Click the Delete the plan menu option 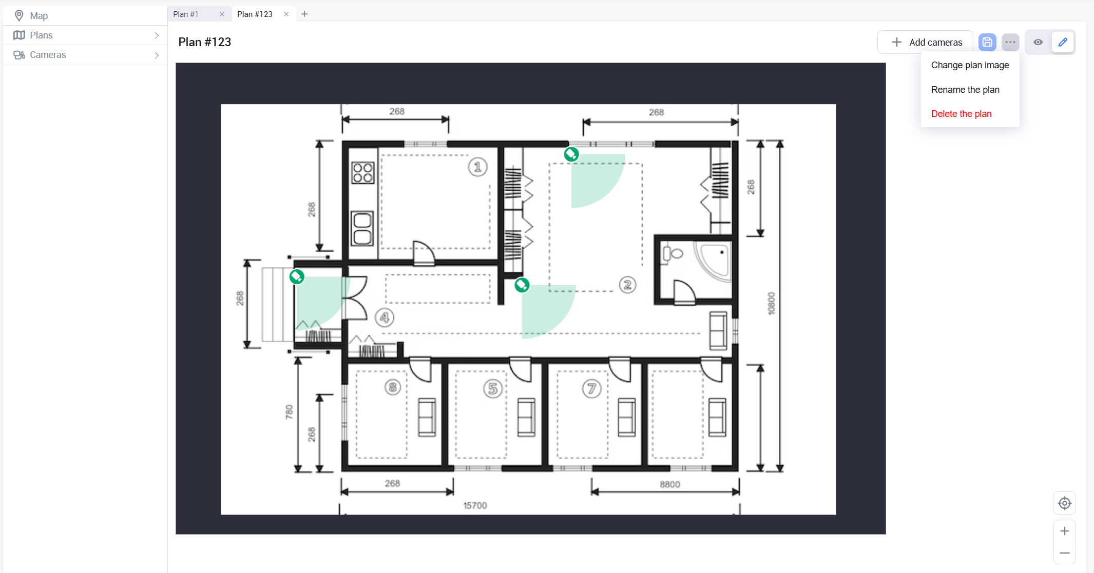(x=961, y=114)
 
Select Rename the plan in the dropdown (x=965, y=90)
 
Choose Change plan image (x=969, y=65)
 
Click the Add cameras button (x=926, y=42)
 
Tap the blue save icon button (x=987, y=42)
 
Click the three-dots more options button (x=1010, y=42)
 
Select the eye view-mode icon (x=1038, y=42)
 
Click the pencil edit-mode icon (x=1062, y=42)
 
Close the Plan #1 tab (x=222, y=14)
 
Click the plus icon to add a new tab (x=304, y=14)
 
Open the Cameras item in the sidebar (x=48, y=55)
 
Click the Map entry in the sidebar (x=39, y=16)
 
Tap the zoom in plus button (x=1064, y=531)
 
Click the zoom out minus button (x=1064, y=553)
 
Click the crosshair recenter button (x=1064, y=503)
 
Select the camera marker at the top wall (x=571, y=154)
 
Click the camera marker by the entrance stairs (x=297, y=277)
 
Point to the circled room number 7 (x=591, y=389)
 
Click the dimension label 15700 (x=475, y=505)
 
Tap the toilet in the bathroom (x=674, y=253)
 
